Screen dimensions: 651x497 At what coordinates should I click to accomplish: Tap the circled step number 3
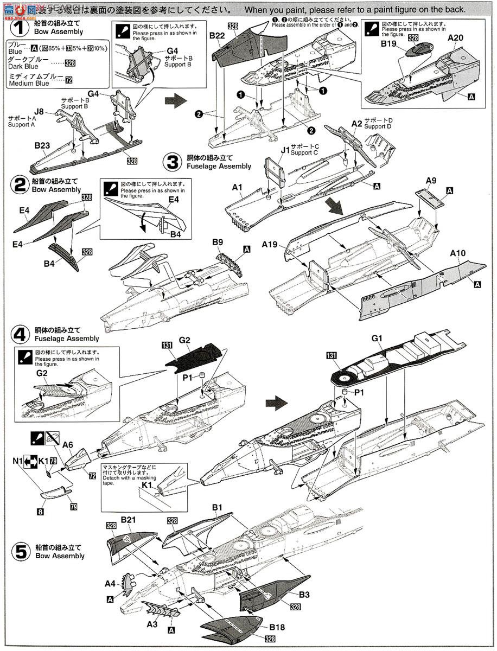click(173, 162)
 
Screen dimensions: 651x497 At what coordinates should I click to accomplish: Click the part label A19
click(271, 245)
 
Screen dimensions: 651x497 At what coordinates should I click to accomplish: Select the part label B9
click(218, 241)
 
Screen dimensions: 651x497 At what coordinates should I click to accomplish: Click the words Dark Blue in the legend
click(24, 66)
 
